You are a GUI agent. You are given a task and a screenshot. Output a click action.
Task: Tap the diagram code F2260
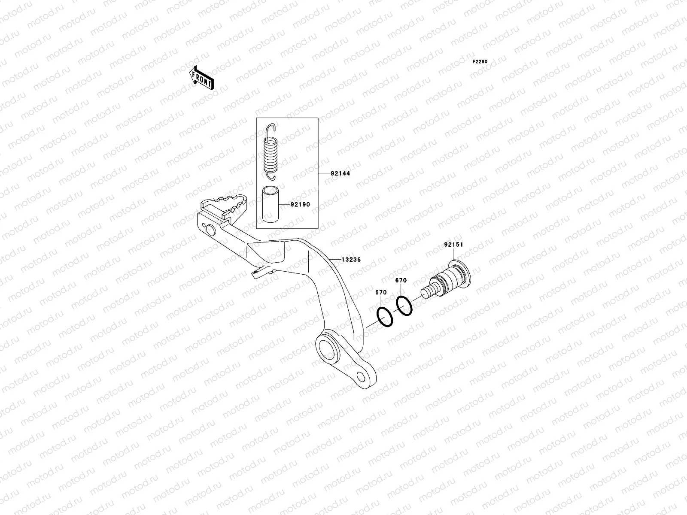pyautogui.click(x=480, y=62)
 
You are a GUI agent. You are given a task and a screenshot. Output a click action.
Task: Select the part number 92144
pyautogui.click(x=340, y=174)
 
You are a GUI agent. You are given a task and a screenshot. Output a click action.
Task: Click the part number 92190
pyautogui.click(x=300, y=205)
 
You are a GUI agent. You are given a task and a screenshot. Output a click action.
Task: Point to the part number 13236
pyautogui.click(x=351, y=260)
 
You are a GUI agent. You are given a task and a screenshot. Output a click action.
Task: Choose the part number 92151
pyautogui.click(x=453, y=245)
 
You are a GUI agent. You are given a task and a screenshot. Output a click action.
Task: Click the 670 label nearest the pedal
pyautogui.click(x=381, y=293)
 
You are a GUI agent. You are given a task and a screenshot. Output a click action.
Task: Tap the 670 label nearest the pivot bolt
pyautogui.click(x=401, y=281)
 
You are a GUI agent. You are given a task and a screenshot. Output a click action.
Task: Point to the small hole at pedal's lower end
pyautogui.click(x=363, y=376)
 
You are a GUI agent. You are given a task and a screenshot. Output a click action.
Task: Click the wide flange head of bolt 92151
pyautogui.click(x=463, y=272)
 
